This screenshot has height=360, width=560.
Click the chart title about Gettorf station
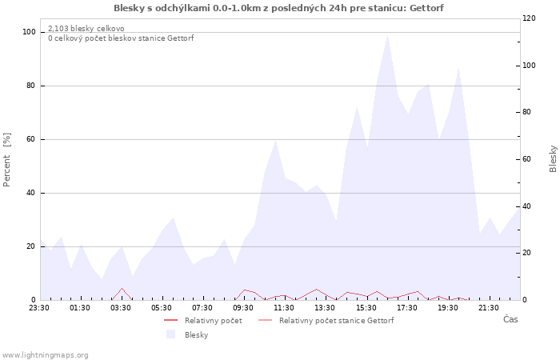[x=278, y=8]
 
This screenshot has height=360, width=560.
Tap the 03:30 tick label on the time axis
[x=121, y=308]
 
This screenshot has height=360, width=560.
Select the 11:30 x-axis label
[x=284, y=308]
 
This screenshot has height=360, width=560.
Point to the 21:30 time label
[x=489, y=308]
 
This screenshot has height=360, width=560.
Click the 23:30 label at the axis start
[x=39, y=308]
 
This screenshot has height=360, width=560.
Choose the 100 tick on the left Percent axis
[x=29, y=32]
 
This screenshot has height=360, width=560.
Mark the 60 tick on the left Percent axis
[x=30, y=139]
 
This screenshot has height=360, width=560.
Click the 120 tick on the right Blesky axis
[x=529, y=18]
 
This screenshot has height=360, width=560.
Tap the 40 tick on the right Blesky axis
[x=526, y=206]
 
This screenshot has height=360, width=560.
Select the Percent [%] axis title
[x=6, y=160]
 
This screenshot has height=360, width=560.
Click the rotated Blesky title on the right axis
[x=553, y=159]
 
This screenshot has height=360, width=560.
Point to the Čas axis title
[x=510, y=319]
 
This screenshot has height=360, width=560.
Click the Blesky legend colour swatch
[x=170, y=334]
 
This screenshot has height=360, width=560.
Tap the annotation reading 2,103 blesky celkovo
[x=86, y=29]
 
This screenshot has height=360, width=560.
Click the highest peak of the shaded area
[x=387, y=34]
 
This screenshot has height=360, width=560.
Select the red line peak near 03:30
[x=122, y=288]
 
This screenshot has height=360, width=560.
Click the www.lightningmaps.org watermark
[x=45, y=355]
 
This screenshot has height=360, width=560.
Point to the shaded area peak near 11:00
[x=275, y=140]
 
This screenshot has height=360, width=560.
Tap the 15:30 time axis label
[x=366, y=308]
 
